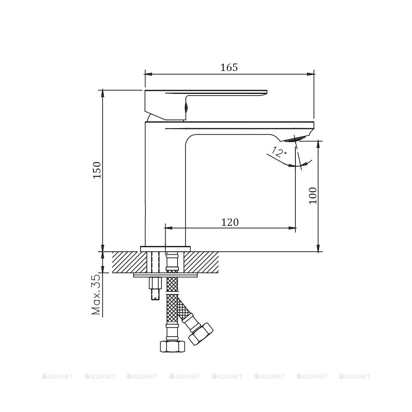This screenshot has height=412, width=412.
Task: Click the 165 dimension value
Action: pyautogui.click(x=229, y=68)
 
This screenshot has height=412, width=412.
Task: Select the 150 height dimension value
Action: pyautogui.click(x=97, y=170)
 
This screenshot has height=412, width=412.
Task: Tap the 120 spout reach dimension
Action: pyautogui.click(x=230, y=222)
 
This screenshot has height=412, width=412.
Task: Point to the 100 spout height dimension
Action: pyautogui.click(x=313, y=195)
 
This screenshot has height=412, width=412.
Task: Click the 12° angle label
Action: pyautogui.click(x=279, y=152)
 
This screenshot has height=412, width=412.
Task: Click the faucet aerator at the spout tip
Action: pyautogui.click(x=295, y=139)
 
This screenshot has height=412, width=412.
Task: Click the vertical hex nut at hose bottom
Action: pyautogui.click(x=173, y=346)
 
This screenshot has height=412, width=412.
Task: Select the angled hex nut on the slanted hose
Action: pyautogui.click(x=201, y=334)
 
